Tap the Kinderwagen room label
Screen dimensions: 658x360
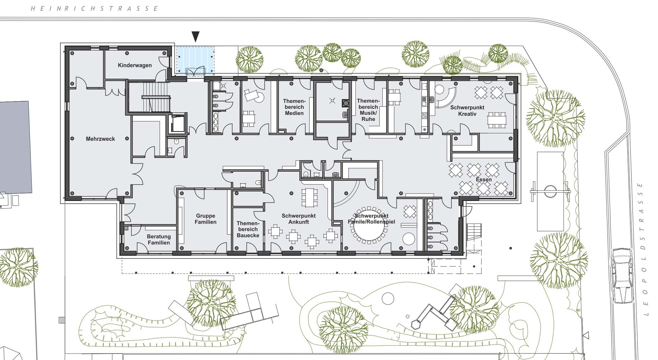click(135, 65)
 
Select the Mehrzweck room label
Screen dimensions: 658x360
click(100, 139)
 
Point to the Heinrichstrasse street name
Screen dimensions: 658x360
click(94, 8)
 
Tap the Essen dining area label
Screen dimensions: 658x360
click(484, 180)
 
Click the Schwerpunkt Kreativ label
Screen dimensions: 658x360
click(467, 110)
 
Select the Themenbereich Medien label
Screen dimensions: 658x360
click(294, 107)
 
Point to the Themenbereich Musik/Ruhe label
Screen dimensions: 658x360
click(368, 110)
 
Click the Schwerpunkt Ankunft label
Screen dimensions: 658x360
click(298, 219)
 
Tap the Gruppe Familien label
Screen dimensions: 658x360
click(206, 219)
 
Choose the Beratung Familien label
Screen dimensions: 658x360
click(159, 240)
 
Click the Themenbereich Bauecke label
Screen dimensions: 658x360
click(248, 229)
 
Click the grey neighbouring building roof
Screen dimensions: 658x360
click(15, 147)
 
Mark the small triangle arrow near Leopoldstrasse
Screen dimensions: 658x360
click(586, 335)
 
